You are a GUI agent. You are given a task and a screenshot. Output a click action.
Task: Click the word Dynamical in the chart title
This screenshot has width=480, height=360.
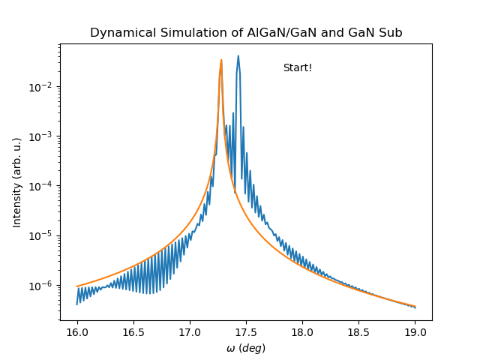click(x=117, y=33)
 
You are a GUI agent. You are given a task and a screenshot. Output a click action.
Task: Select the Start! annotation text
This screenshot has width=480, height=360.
click(x=298, y=68)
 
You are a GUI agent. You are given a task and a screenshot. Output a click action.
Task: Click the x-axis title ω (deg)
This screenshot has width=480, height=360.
click(x=246, y=348)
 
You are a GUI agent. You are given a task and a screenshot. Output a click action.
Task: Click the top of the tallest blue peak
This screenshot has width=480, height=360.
click(x=238, y=55)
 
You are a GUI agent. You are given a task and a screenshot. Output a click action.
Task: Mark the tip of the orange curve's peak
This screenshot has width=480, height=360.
click(x=221, y=60)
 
